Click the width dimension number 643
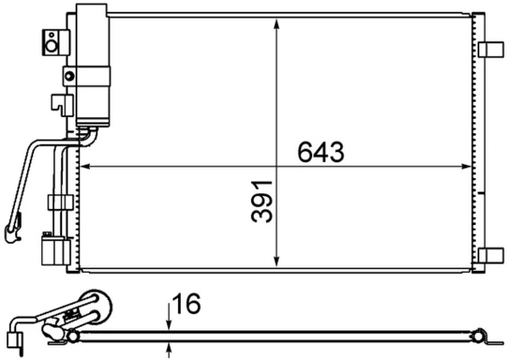320,152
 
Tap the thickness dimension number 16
186,304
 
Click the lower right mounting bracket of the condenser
491,256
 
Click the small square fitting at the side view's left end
13,340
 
